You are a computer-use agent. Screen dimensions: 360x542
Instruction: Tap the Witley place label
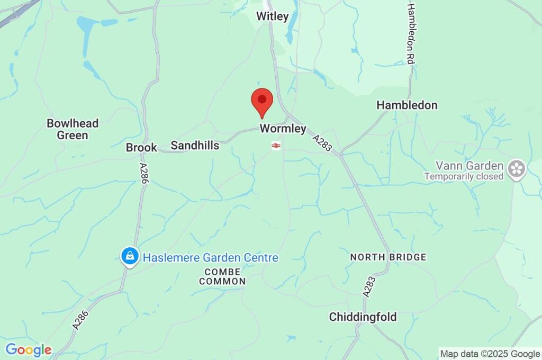(273, 16)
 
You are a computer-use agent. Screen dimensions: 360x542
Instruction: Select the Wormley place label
(283, 129)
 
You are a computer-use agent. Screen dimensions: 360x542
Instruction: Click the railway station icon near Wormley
(276, 146)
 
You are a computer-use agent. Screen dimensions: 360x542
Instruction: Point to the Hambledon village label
(407, 105)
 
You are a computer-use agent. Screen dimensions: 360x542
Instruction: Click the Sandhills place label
(195, 146)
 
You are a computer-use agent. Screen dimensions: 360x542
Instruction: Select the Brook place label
(141, 148)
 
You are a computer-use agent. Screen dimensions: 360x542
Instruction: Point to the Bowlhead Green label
(73, 129)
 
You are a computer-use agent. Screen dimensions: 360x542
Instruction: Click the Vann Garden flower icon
(515, 169)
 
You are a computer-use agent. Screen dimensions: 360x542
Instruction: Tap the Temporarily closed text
(464, 177)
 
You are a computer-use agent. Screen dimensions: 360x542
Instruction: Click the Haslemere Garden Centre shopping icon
(129, 257)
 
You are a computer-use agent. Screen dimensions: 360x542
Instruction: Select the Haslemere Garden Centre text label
(211, 258)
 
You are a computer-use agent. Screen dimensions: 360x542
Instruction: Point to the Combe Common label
(223, 276)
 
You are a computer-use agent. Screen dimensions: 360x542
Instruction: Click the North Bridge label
(388, 257)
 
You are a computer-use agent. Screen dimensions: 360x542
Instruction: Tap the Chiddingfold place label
(363, 317)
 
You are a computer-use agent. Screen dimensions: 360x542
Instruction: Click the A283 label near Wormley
(322, 143)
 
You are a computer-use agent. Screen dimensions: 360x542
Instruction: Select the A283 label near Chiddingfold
(369, 286)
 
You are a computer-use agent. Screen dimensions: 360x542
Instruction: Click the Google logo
(28, 350)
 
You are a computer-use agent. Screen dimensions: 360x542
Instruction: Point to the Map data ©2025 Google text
(490, 354)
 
